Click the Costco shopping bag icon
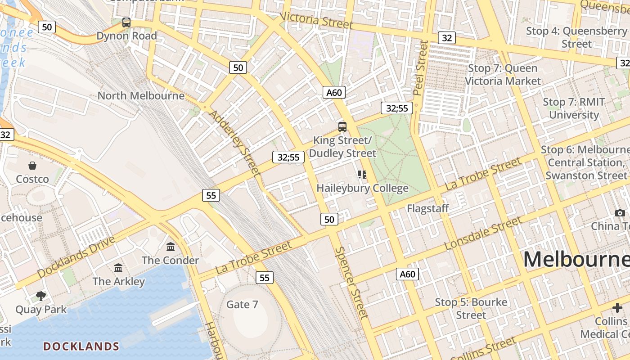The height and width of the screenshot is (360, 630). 32,166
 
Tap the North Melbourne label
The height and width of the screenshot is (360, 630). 141,96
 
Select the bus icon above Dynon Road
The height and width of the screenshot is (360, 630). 126,22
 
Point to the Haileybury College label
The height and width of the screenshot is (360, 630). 362,188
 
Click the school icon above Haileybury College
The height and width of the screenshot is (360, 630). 362,174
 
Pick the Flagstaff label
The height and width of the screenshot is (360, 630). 428,208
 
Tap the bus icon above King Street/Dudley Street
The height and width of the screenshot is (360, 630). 342,126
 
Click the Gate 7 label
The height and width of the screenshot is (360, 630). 242,305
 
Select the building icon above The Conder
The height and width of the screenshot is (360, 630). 171,247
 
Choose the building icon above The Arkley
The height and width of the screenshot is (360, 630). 118,268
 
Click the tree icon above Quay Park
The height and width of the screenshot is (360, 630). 41,296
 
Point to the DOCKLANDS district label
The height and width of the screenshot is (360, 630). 81,346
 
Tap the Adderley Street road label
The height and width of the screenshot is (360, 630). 235,142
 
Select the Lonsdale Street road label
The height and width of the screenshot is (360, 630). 483,233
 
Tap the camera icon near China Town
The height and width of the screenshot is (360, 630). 620,213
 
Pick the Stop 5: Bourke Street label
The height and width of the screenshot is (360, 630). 471,309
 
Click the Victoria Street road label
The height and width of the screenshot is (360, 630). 316,20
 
